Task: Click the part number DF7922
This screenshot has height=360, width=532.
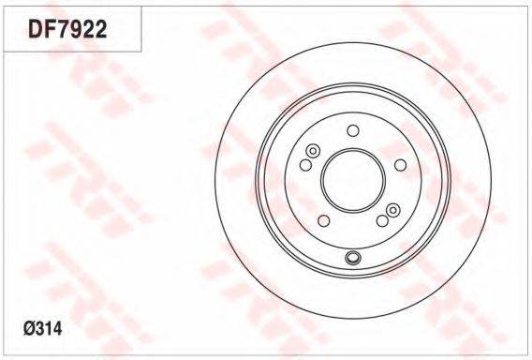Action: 67,29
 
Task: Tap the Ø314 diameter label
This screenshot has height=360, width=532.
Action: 43,328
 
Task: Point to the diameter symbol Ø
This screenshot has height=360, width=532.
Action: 29,328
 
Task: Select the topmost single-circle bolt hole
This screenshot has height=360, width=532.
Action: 353,130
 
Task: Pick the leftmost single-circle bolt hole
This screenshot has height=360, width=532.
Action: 305,165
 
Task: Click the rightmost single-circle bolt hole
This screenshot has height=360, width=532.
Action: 401,165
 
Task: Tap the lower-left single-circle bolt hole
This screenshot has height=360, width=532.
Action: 324,220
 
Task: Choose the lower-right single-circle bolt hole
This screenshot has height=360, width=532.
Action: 382,220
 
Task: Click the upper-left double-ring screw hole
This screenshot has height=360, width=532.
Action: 313,151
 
